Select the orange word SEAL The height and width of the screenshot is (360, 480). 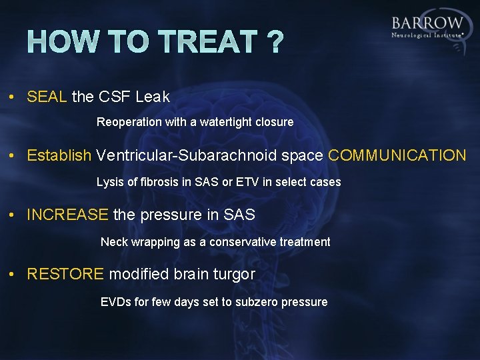tap(47, 97)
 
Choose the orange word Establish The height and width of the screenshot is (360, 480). tap(59, 156)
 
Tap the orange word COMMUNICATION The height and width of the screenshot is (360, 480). tap(397, 156)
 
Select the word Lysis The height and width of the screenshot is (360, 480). tap(110, 182)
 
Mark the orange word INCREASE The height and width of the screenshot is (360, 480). tap(67, 215)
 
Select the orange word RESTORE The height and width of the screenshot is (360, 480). tap(65, 275)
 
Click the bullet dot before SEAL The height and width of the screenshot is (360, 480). tap(13, 97)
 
